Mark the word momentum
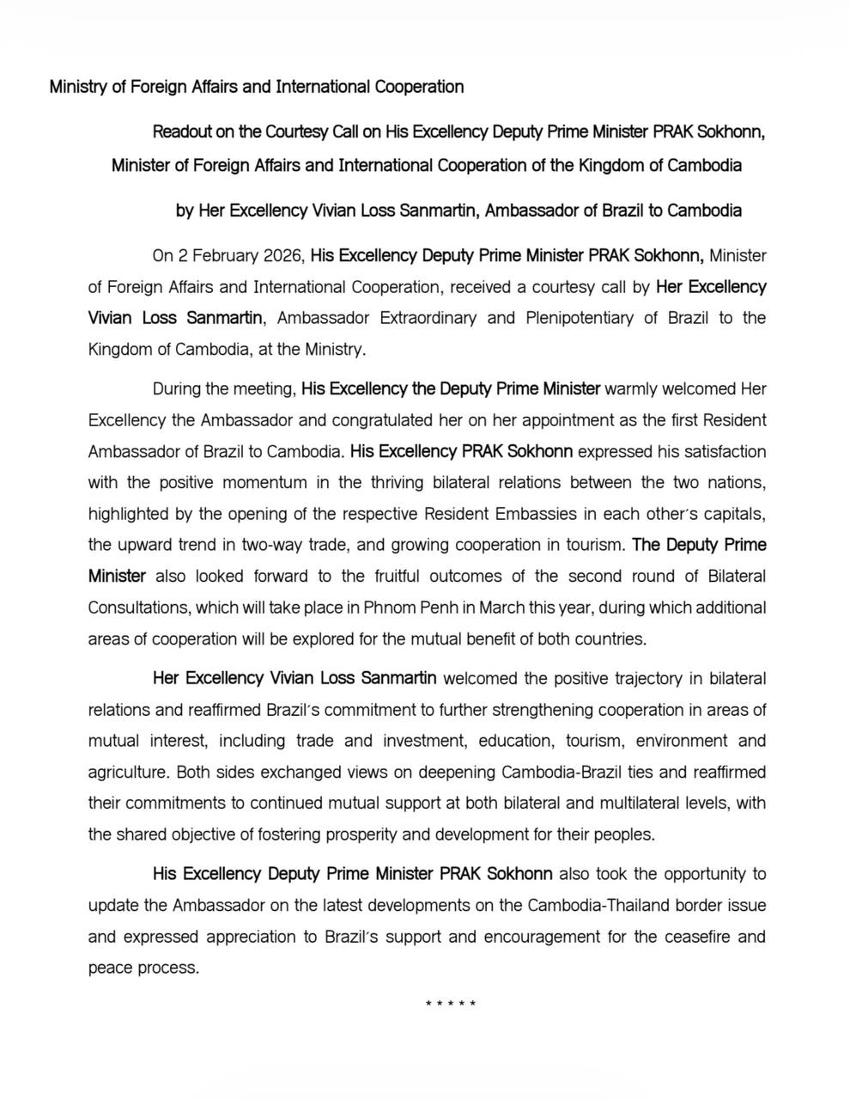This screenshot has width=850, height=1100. point(264,482)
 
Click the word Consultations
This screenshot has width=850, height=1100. point(139,608)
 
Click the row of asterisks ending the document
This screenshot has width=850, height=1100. point(451,1003)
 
